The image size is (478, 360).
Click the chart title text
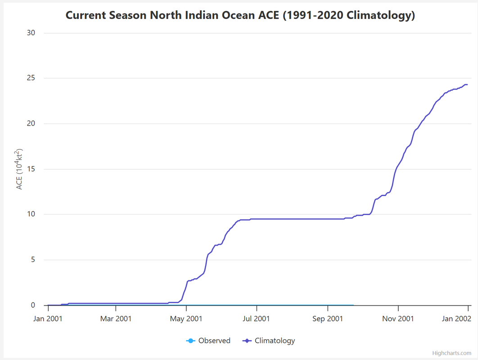(240, 15)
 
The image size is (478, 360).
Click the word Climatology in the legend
(275, 341)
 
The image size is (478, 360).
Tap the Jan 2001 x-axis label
(48, 319)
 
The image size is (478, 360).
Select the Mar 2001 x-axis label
(116, 319)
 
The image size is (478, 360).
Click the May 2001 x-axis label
(186, 319)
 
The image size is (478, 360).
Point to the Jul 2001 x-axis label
(257, 319)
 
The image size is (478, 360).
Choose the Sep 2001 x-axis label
(328, 319)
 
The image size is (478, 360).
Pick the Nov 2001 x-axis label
(398, 319)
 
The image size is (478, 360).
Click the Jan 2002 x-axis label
(456, 319)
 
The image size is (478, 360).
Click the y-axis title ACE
(19, 169)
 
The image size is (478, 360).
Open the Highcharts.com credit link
(451, 353)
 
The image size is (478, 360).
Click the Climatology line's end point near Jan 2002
(467, 85)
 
